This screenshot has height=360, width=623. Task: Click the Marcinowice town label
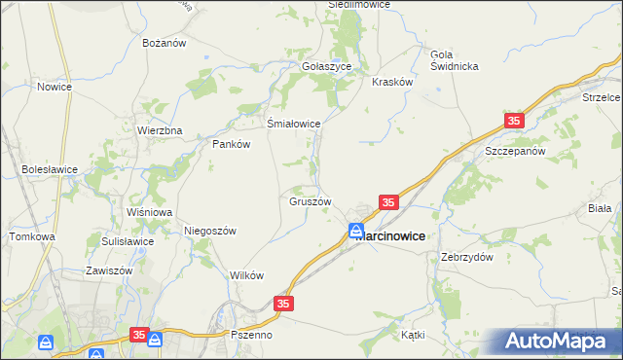click(x=389, y=234)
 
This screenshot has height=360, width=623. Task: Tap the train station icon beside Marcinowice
click(x=356, y=232)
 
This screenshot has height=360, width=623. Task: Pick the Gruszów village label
click(x=311, y=202)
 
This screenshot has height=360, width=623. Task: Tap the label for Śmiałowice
click(x=294, y=124)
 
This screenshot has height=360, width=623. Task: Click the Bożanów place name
click(x=163, y=44)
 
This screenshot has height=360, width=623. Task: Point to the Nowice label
click(x=55, y=87)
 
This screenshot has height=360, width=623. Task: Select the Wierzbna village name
click(x=160, y=130)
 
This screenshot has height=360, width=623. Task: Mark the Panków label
click(x=232, y=144)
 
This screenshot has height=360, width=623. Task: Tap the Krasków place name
click(x=393, y=83)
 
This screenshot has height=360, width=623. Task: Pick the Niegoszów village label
click(x=210, y=231)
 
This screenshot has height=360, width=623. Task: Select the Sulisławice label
click(x=128, y=240)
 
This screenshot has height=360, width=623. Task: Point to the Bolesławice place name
click(x=50, y=168)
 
